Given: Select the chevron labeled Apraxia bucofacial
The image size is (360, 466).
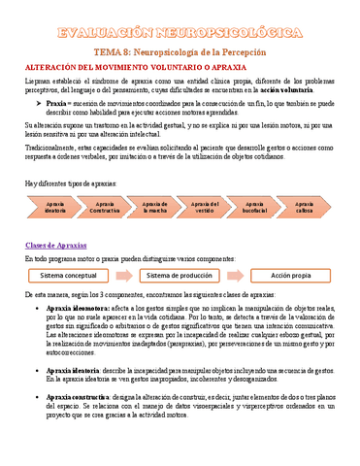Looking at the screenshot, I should click(255, 207).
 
